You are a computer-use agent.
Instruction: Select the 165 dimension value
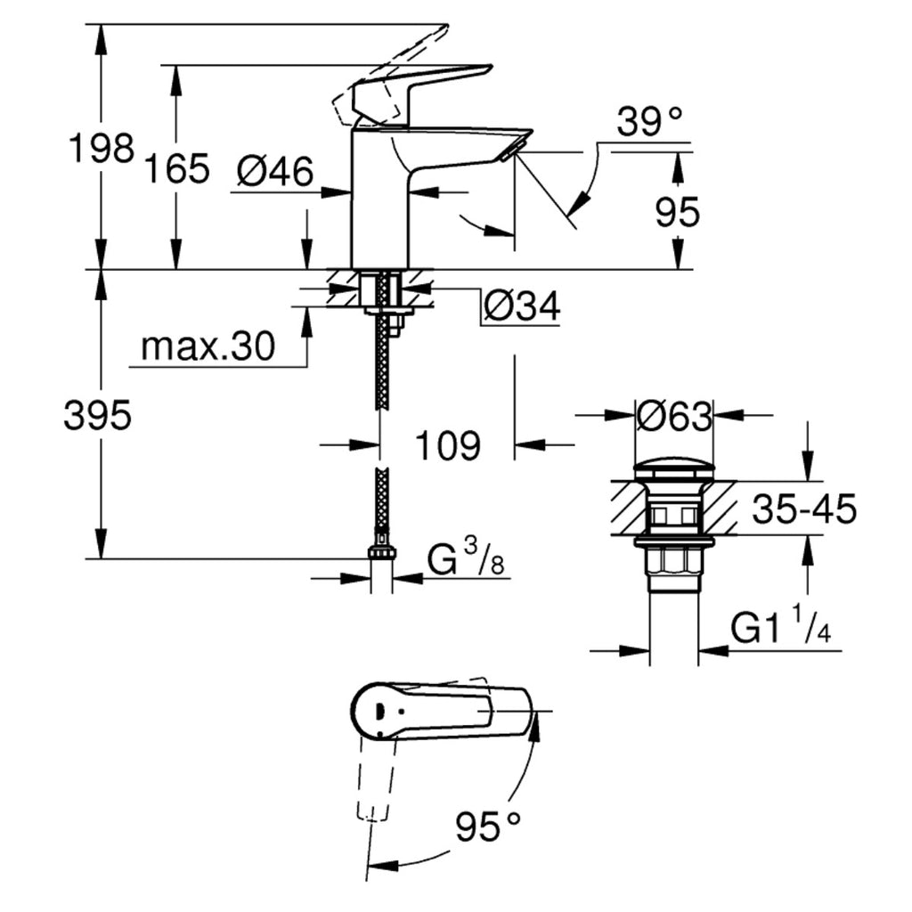point(177,167)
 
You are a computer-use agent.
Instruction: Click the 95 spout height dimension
point(678,212)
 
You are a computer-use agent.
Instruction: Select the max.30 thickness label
point(208,347)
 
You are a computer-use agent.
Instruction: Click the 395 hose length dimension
point(98,415)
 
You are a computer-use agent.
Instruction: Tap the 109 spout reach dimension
point(448,445)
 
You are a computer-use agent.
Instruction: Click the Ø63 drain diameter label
point(674,416)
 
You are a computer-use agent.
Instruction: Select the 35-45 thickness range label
point(803,509)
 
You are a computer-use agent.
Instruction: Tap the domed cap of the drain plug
point(674,469)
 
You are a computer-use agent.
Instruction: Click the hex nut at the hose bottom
point(381,554)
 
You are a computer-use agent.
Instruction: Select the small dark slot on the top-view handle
point(379,711)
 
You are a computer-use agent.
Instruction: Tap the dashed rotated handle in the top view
point(374,775)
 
